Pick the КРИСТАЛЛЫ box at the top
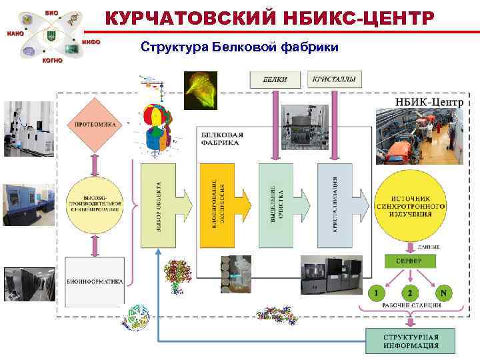334,79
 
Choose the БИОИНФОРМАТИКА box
95,282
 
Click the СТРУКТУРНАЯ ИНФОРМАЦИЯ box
410,341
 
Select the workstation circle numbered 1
377,292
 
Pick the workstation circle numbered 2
410,292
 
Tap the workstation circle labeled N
443,292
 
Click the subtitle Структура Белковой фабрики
239,47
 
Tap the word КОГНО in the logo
51,60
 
